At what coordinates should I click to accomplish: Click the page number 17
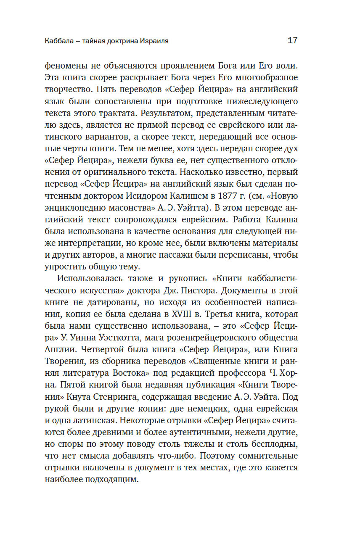click(292, 41)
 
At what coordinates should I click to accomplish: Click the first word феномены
click(65, 66)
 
